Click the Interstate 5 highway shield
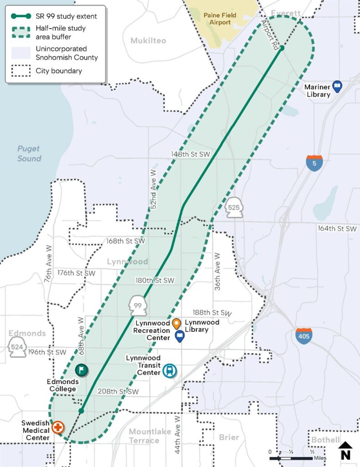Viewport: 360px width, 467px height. (314, 163)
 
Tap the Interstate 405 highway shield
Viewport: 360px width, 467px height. (303, 336)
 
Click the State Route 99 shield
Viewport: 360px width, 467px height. (138, 305)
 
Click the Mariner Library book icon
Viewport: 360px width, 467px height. (337, 86)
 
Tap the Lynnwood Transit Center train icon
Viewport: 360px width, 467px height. (170, 371)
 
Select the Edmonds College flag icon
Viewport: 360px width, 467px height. (82, 370)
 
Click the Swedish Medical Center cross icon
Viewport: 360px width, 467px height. (58, 428)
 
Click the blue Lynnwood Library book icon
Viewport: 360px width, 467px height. (180, 337)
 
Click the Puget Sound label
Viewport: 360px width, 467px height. (29, 154)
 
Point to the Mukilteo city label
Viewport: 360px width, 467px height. (148, 41)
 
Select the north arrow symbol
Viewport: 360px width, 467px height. (345, 451)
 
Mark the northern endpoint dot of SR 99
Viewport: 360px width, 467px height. (282, 48)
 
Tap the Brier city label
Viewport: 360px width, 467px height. (229, 437)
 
